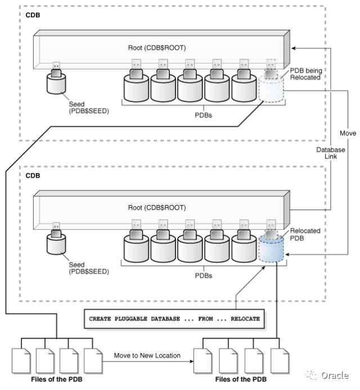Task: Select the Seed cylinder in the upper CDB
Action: [57, 83]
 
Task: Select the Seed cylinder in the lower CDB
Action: [57, 242]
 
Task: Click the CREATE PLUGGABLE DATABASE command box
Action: [174, 319]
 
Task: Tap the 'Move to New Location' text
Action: [147, 355]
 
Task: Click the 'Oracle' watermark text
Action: [335, 375]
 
